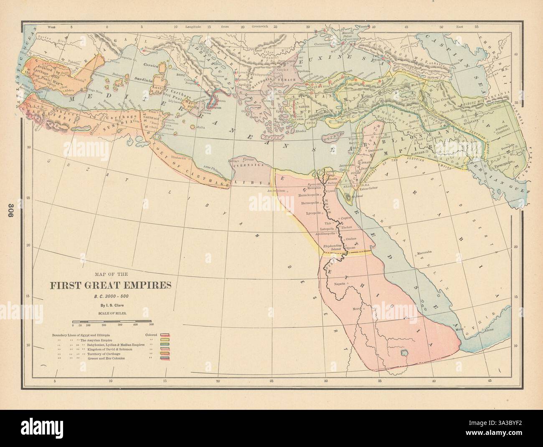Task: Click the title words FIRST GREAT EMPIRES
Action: tap(111, 286)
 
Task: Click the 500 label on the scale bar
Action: tap(151, 324)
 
